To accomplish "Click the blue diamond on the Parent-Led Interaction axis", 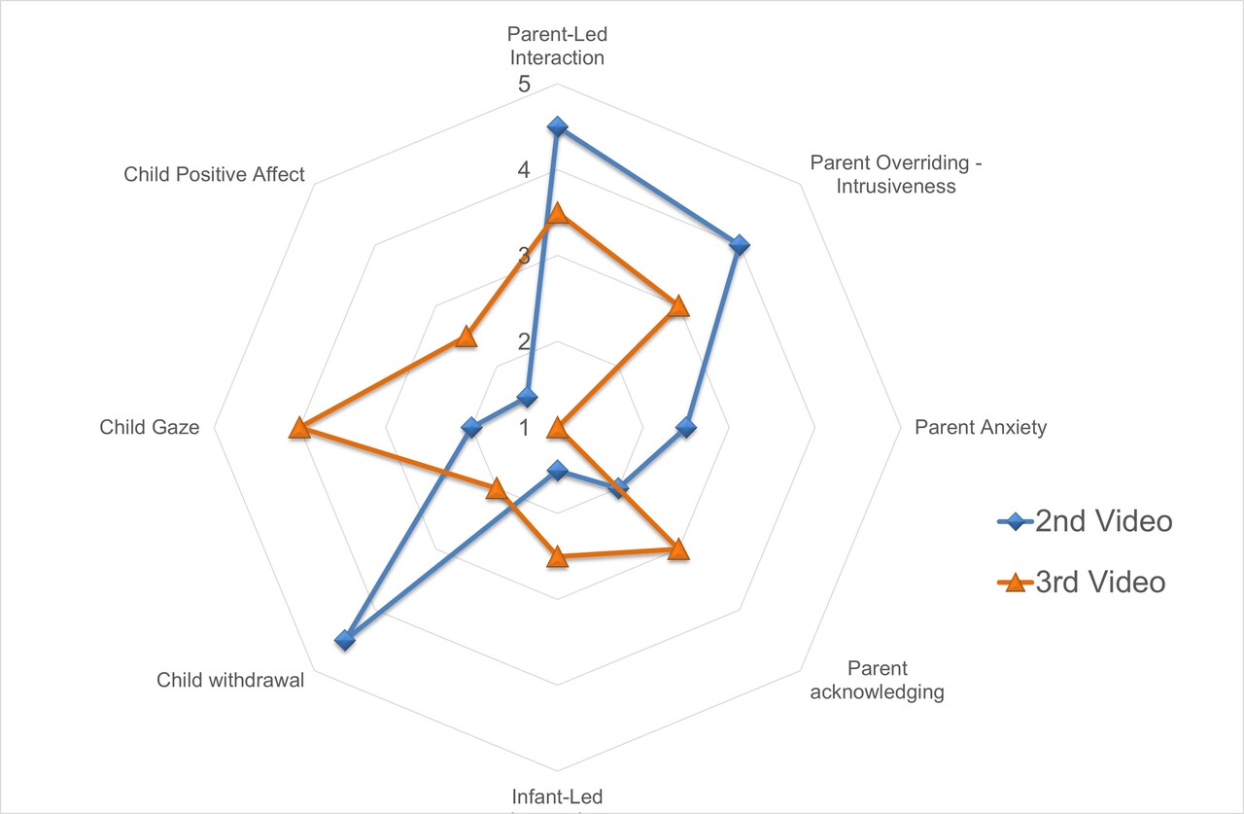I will pos(557,126).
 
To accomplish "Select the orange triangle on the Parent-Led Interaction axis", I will pos(557,214).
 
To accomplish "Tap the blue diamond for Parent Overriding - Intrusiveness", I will pos(739,244).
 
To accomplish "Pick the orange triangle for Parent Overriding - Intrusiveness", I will pos(678,307).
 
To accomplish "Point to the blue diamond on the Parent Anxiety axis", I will pos(686,428).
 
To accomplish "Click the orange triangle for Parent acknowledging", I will pos(678,550).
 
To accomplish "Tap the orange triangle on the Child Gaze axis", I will pos(299,428).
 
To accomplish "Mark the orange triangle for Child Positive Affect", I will pos(466,336).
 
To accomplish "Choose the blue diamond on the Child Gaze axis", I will pos(471,428).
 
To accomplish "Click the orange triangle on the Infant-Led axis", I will pos(557,557).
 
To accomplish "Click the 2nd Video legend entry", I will pos(1085,521).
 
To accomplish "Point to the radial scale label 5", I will pos(524,86).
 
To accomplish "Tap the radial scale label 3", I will pos(524,258).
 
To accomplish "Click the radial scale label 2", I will pos(524,343).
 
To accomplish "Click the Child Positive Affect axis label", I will pos(214,175).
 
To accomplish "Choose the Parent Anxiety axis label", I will pos(981,428).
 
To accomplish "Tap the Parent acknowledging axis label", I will pos(877,681).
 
